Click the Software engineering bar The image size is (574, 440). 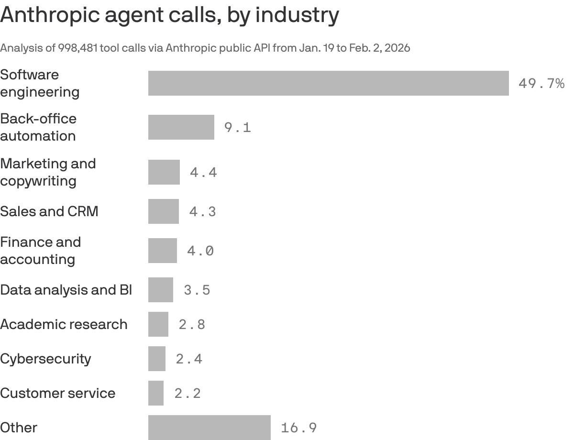328,83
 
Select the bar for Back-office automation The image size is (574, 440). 181,127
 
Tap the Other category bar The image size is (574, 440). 209,428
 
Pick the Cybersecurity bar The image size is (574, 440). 156,359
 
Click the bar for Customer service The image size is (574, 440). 155,393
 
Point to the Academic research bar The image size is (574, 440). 158,324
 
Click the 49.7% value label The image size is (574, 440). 541,84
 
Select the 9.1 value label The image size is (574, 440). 237,128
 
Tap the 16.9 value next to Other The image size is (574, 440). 298,428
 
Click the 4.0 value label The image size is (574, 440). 200,251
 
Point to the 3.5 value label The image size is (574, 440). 197,290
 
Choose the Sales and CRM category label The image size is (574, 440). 49,211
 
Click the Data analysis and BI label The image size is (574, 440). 66,290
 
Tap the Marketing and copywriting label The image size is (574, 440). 48,172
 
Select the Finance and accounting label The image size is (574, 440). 40,251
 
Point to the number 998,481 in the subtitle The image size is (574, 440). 78,48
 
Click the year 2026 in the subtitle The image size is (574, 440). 398,48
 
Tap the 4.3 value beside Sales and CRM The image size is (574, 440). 202,211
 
